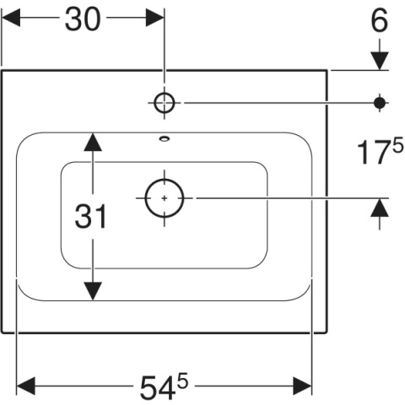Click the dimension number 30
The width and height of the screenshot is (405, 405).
coord(83,19)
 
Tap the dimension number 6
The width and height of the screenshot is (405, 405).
coord(380,19)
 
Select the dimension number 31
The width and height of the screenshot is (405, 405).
coord(91,216)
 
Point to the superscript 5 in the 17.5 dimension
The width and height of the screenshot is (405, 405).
coord(397,147)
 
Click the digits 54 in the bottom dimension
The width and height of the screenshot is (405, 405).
coord(156,388)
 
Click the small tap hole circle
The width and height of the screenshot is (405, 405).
coord(165,103)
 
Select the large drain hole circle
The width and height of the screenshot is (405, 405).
coord(165,198)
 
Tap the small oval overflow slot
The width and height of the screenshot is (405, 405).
coord(165,138)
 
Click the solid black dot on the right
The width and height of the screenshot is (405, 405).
coord(380,103)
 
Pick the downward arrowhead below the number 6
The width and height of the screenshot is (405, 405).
coord(380,61)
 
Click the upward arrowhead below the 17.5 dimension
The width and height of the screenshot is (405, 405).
coord(380,208)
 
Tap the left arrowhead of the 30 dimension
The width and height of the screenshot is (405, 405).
coord(11,18)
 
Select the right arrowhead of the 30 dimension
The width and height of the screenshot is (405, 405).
coord(154,18)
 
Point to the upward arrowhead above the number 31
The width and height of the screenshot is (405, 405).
coord(93,142)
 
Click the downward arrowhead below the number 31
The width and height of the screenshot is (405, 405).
coord(93,291)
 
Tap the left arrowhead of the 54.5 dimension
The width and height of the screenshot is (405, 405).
coord(26,386)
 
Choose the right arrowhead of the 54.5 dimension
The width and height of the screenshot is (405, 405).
coord(302,386)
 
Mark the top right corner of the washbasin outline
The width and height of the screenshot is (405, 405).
coord(327,70)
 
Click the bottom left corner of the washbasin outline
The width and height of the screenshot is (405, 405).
coord(3,332)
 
